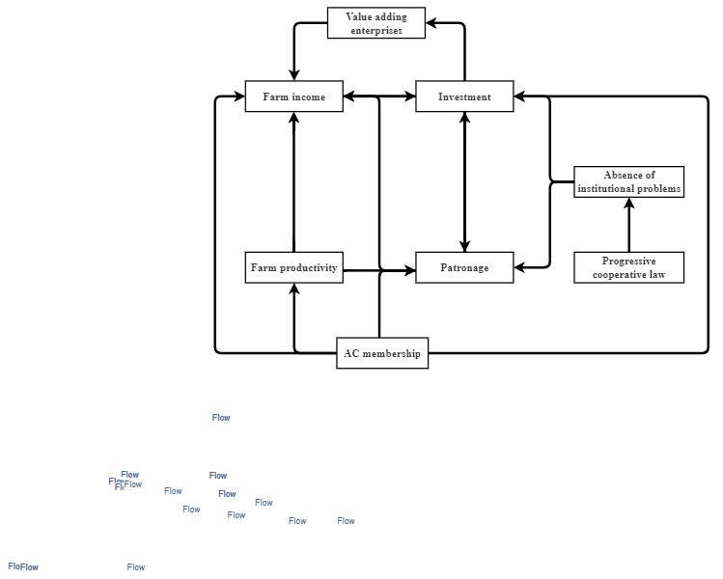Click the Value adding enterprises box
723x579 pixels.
(x=375, y=23)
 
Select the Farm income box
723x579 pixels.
(x=293, y=96)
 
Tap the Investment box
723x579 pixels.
(x=464, y=96)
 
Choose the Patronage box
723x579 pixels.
(x=464, y=267)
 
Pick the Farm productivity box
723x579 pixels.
(x=293, y=267)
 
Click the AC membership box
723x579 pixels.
(x=382, y=353)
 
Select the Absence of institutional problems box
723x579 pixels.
(x=628, y=182)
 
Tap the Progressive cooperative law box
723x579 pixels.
(x=628, y=267)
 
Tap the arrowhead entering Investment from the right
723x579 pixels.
(x=519, y=96)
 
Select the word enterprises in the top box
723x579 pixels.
(x=375, y=30)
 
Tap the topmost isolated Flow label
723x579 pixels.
(x=221, y=418)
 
